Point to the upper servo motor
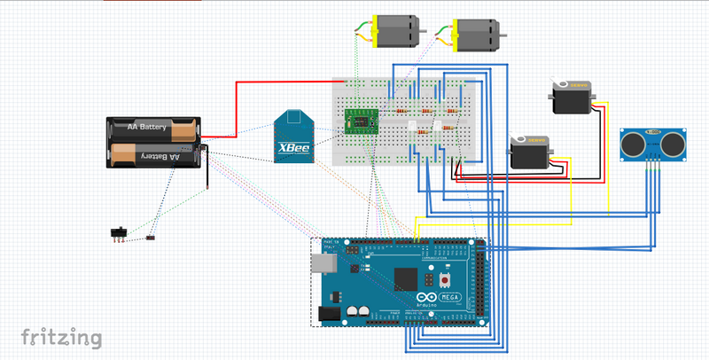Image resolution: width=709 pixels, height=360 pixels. (571, 97)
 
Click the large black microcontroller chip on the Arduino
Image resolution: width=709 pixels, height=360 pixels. (407, 278)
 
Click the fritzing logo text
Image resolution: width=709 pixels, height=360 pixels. (61, 338)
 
